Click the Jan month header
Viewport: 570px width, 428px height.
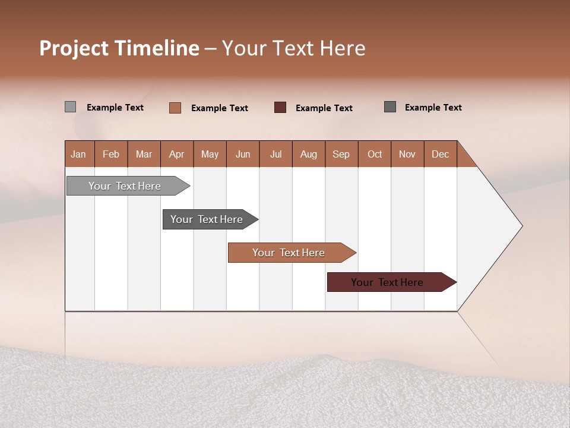[79, 154]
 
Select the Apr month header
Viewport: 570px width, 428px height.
[176, 154]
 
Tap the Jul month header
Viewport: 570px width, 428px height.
[275, 154]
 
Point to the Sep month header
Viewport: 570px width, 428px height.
[341, 154]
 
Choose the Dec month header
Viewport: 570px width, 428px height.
[440, 154]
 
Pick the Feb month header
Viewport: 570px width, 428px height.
[111, 154]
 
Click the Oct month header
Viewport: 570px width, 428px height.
[375, 154]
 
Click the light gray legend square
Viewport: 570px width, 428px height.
[71, 107]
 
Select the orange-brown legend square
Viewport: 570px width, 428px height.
[175, 108]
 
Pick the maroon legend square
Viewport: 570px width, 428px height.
[280, 108]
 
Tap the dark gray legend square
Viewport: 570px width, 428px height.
[390, 107]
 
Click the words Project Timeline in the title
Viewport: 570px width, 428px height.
[119, 48]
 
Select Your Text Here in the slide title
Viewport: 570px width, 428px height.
[294, 48]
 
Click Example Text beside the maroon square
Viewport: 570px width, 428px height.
[324, 108]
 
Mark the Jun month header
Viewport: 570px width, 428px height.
[242, 154]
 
